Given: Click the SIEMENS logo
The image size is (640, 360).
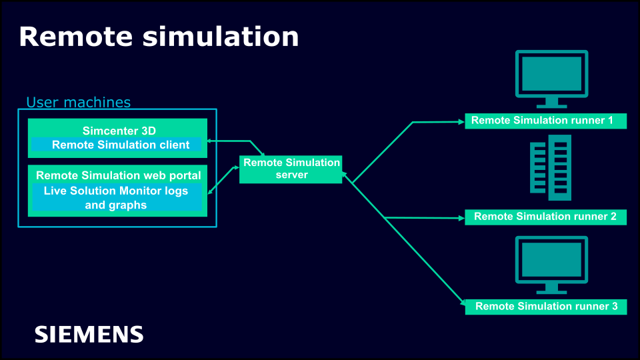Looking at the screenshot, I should click(x=89, y=334).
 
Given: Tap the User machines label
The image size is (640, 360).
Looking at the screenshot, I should click(x=78, y=102).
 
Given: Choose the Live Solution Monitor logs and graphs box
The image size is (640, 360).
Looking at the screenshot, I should click(x=116, y=198).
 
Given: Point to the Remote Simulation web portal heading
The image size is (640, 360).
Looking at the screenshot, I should click(x=118, y=175).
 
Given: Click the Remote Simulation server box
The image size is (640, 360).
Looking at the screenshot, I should click(x=291, y=169).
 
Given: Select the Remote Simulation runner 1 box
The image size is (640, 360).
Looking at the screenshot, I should click(x=545, y=121).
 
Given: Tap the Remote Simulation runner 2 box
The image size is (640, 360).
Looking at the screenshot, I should click(x=545, y=217).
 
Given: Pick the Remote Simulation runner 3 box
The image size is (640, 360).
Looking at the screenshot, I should click(x=545, y=307).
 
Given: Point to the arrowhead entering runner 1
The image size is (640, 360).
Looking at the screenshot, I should click(x=461, y=122).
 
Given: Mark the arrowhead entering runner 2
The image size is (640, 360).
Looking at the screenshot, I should click(x=461, y=218).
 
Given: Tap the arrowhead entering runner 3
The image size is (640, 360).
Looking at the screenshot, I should click(x=461, y=303).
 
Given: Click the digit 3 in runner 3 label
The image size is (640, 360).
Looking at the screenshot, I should click(x=614, y=307).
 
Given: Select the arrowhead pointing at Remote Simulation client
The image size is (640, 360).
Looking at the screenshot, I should click(x=209, y=141).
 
